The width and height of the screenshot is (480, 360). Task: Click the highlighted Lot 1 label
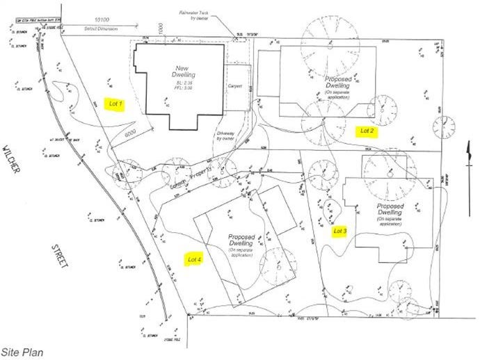tap(116, 104)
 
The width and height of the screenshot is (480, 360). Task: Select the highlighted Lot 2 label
tap(367, 131)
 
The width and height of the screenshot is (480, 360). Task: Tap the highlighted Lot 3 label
tap(339, 231)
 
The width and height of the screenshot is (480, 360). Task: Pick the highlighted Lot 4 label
tap(195, 259)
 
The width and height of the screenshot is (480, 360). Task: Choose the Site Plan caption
tap(22, 352)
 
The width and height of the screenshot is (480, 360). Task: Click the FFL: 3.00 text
tap(182, 87)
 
